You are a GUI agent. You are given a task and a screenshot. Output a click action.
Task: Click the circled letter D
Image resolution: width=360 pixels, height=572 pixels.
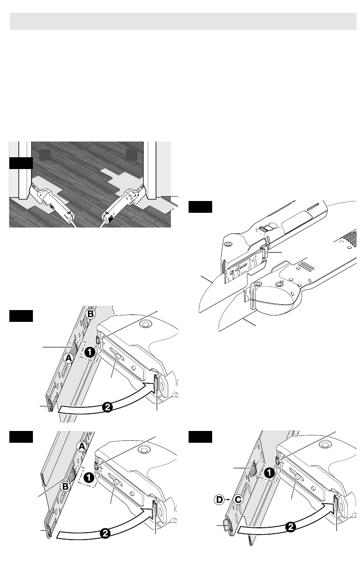click(219, 499)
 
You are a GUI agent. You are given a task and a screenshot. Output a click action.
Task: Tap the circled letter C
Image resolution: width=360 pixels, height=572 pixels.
click(238, 499)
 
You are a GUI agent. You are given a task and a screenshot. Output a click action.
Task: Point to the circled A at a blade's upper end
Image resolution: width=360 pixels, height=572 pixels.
click(82, 446)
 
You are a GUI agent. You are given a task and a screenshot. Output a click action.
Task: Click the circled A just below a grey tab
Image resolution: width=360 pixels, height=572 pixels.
click(69, 358)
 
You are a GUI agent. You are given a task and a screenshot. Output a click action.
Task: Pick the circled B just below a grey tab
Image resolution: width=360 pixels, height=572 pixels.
click(66, 486)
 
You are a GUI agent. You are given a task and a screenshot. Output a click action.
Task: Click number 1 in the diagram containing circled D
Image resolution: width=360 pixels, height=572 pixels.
click(269, 473)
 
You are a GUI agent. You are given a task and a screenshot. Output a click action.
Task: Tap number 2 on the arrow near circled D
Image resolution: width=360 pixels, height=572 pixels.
click(291, 527)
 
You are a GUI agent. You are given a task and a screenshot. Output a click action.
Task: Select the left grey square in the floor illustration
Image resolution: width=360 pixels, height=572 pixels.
click(45, 155)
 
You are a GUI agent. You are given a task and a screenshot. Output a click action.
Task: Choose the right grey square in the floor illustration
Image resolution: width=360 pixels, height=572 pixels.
click(131, 155)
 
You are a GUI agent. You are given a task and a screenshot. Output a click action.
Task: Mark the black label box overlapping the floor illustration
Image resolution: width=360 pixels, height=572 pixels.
click(21, 163)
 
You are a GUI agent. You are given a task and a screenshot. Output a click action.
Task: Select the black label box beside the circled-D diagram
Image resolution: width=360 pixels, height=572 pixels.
click(200, 437)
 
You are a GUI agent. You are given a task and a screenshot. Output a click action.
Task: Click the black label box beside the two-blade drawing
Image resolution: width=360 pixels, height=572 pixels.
click(200, 207)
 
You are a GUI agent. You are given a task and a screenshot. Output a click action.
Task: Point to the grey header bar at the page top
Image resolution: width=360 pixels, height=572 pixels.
click(183, 21)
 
